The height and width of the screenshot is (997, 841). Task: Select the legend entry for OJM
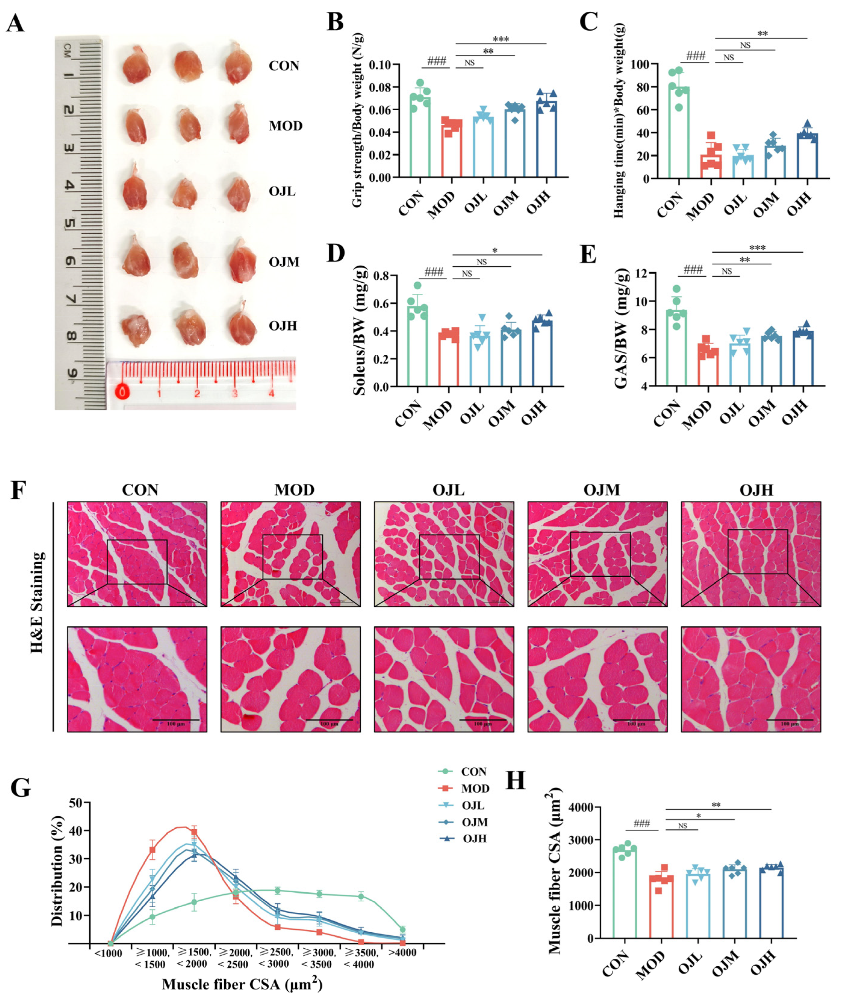(474, 822)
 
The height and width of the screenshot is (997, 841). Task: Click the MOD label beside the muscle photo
(286, 126)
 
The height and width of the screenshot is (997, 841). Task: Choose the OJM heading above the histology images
(602, 490)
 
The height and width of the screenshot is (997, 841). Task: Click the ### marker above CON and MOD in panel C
(696, 56)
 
